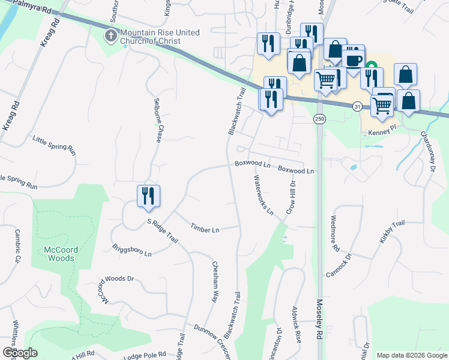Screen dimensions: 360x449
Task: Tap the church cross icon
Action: pyautogui.click(x=110, y=36)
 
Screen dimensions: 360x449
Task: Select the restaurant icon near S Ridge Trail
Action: pyautogui.click(x=148, y=196)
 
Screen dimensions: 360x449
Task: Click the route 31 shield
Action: pyautogui.click(x=358, y=106)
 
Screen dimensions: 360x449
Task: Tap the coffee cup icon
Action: pyautogui.click(x=353, y=60)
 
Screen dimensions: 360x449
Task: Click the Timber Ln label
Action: pyautogui.click(x=205, y=228)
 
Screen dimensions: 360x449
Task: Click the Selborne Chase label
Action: pyautogui.click(x=158, y=120)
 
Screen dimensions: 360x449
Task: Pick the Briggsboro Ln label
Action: pyautogui.click(x=131, y=250)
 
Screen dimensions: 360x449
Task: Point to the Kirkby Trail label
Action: pyautogui.click(x=393, y=230)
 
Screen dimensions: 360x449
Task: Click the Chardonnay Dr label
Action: pyautogui.click(x=427, y=151)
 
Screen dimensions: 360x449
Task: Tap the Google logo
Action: pyautogui.click(x=20, y=353)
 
